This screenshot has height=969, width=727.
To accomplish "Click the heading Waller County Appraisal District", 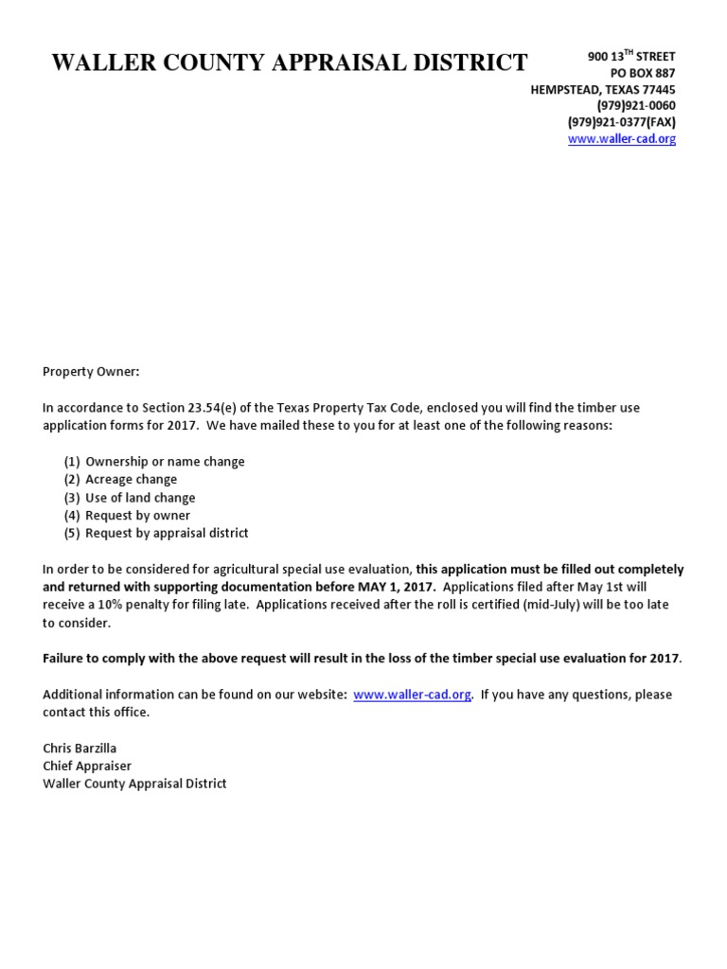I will (x=289, y=63).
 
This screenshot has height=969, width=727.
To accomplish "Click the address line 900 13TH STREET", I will (x=631, y=57).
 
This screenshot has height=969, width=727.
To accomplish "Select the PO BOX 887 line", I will (x=644, y=74).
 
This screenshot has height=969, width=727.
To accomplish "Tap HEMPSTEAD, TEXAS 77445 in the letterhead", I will (x=602, y=90).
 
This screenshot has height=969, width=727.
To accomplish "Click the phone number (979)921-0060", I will (x=636, y=106).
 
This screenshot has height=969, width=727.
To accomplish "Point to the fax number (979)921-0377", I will (x=621, y=122).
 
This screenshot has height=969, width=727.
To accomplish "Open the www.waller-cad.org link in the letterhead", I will (x=622, y=139).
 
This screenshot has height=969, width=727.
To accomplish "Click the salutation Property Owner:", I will (x=91, y=372).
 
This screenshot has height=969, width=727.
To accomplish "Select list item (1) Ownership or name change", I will (x=154, y=462).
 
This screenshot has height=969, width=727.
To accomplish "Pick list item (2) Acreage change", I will (x=120, y=480).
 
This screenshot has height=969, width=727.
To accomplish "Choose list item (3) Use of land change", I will (x=130, y=498).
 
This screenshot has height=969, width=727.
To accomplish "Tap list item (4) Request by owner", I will (x=127, y=516).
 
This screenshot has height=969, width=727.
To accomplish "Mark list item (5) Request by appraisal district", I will (x=156, y=534).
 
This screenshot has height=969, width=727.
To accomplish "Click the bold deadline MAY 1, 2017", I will (x=398, y=588).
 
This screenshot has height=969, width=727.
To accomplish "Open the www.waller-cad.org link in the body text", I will (x=412, y=695).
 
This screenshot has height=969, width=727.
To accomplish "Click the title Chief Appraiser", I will (x=87, y=766).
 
